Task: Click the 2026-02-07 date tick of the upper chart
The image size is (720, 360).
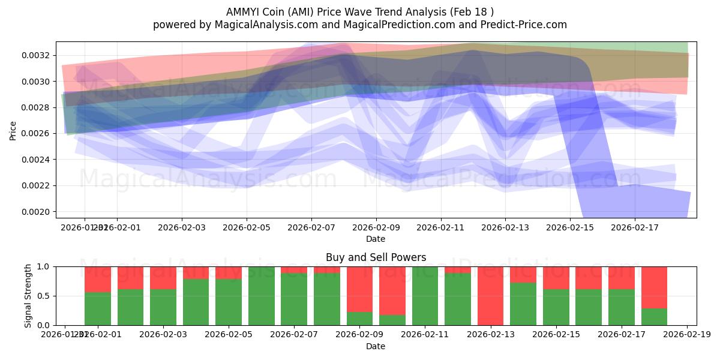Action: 311,227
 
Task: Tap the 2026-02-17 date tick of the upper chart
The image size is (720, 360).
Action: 635,227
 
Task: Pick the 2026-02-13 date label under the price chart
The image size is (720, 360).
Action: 505,227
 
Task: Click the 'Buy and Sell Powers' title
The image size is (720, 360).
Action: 376,257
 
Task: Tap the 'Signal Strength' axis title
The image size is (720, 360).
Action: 28,295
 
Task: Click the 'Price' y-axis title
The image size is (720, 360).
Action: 13,130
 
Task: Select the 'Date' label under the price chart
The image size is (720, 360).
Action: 376,239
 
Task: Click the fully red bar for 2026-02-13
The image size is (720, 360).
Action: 491,295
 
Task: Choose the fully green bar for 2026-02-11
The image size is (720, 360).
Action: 425,295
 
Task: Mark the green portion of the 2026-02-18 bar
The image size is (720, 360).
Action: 654,317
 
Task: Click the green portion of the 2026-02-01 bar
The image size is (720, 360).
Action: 98,308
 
